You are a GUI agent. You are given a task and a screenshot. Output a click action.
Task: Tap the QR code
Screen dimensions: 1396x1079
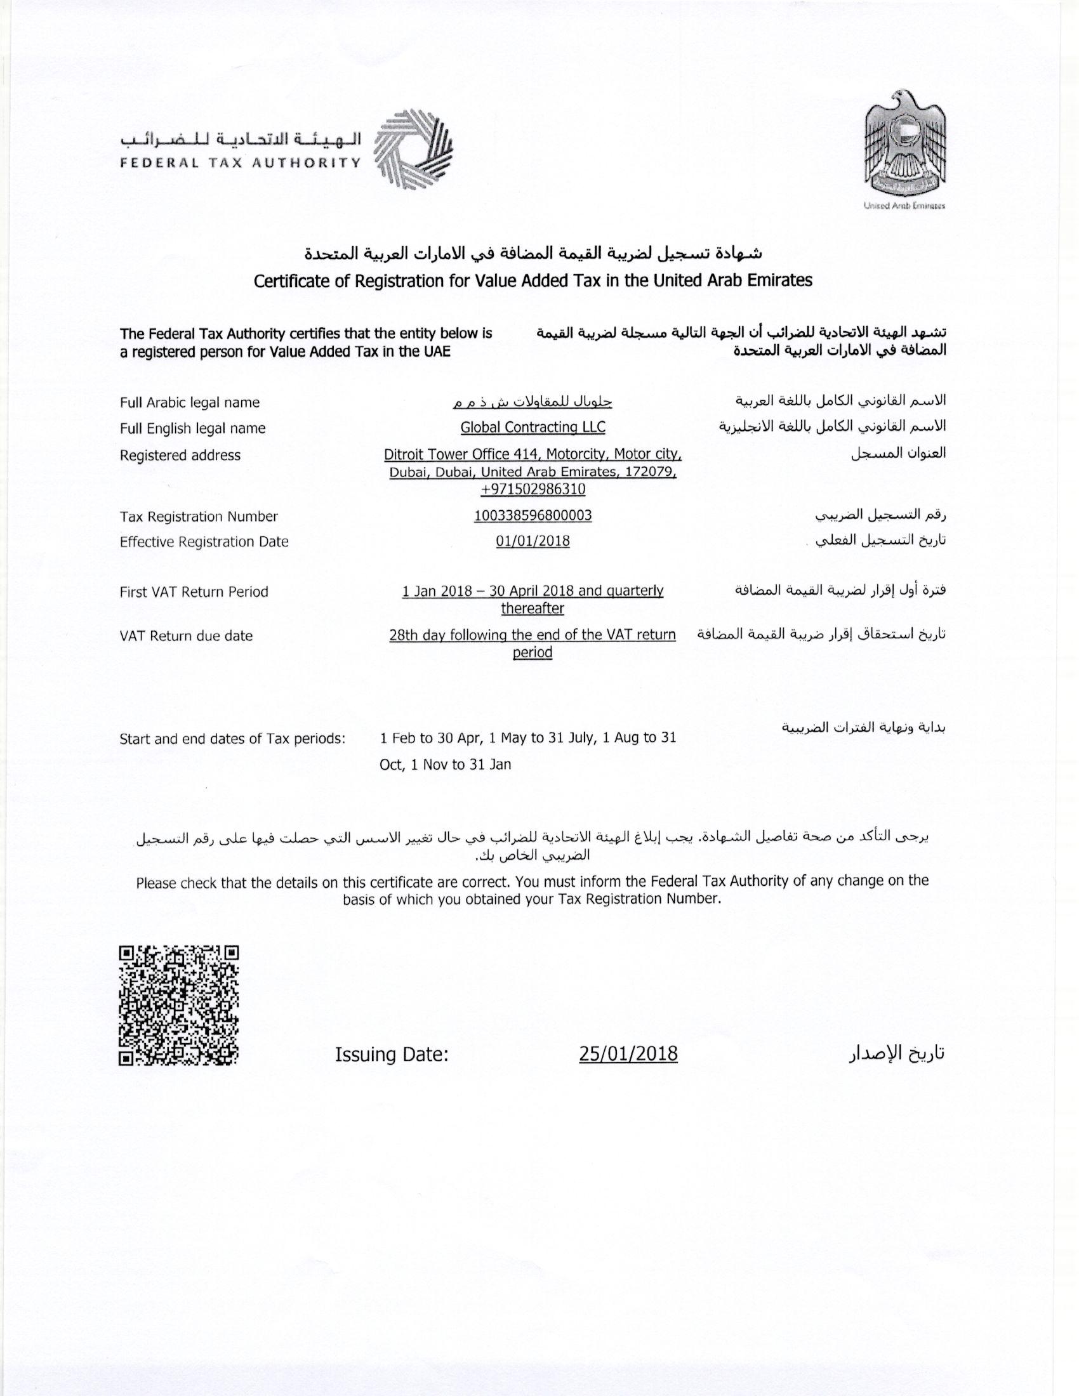(x=178, y=1006)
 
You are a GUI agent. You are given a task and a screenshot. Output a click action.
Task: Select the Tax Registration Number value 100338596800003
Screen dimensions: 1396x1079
(x=533, y=515)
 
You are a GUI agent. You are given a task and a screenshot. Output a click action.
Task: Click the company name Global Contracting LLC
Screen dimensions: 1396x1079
(x=533, y=427)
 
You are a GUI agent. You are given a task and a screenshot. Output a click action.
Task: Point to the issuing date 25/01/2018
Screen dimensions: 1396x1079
(x=628, y=1053)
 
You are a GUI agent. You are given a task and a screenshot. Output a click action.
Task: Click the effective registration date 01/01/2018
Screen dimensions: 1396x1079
(x=533, y=541)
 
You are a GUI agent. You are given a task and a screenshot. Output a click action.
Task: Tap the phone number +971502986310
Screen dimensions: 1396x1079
(x=533, y=489)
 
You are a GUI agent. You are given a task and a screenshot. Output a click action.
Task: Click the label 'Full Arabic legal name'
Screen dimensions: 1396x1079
(x=189, y=403)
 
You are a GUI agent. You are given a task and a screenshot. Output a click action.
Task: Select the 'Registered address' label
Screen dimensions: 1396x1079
(x=180, y=455)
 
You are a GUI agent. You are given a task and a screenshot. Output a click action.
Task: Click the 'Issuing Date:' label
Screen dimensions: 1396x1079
(x=391, y=1054)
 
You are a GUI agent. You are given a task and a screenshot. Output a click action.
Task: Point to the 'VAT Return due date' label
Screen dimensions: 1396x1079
(x=185, y=636)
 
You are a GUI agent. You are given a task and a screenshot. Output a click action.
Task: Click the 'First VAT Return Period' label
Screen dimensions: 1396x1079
(x=193, y=592)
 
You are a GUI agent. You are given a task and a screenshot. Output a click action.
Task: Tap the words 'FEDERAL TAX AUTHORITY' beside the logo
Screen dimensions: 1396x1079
(x=241, y=162)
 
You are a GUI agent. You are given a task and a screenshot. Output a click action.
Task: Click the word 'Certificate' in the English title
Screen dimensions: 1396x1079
(x=292, y=281)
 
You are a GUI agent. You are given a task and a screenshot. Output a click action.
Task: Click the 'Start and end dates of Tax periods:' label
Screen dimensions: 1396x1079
(x=232, y=739)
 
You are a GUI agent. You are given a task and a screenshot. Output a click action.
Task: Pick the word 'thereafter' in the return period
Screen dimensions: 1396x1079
(x=533, y=608)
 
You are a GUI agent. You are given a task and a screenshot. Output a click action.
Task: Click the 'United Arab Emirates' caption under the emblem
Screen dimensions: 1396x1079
(x=904, y=206)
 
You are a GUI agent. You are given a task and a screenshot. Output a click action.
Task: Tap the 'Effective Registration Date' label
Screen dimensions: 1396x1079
(x=203, y=542)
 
